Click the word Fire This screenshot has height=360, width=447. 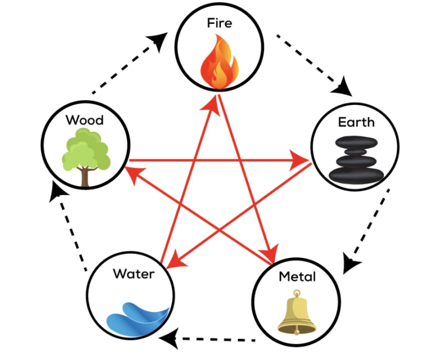point(219,23)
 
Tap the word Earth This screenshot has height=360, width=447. point(356,122)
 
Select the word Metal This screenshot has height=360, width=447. point(297,276)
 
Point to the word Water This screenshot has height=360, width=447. point(133,274)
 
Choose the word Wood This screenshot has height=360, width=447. point(85,120)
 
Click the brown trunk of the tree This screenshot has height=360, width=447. point(85,177)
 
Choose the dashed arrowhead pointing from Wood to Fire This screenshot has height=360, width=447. point(159,40)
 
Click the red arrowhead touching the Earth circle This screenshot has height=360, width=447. point(302,159)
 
